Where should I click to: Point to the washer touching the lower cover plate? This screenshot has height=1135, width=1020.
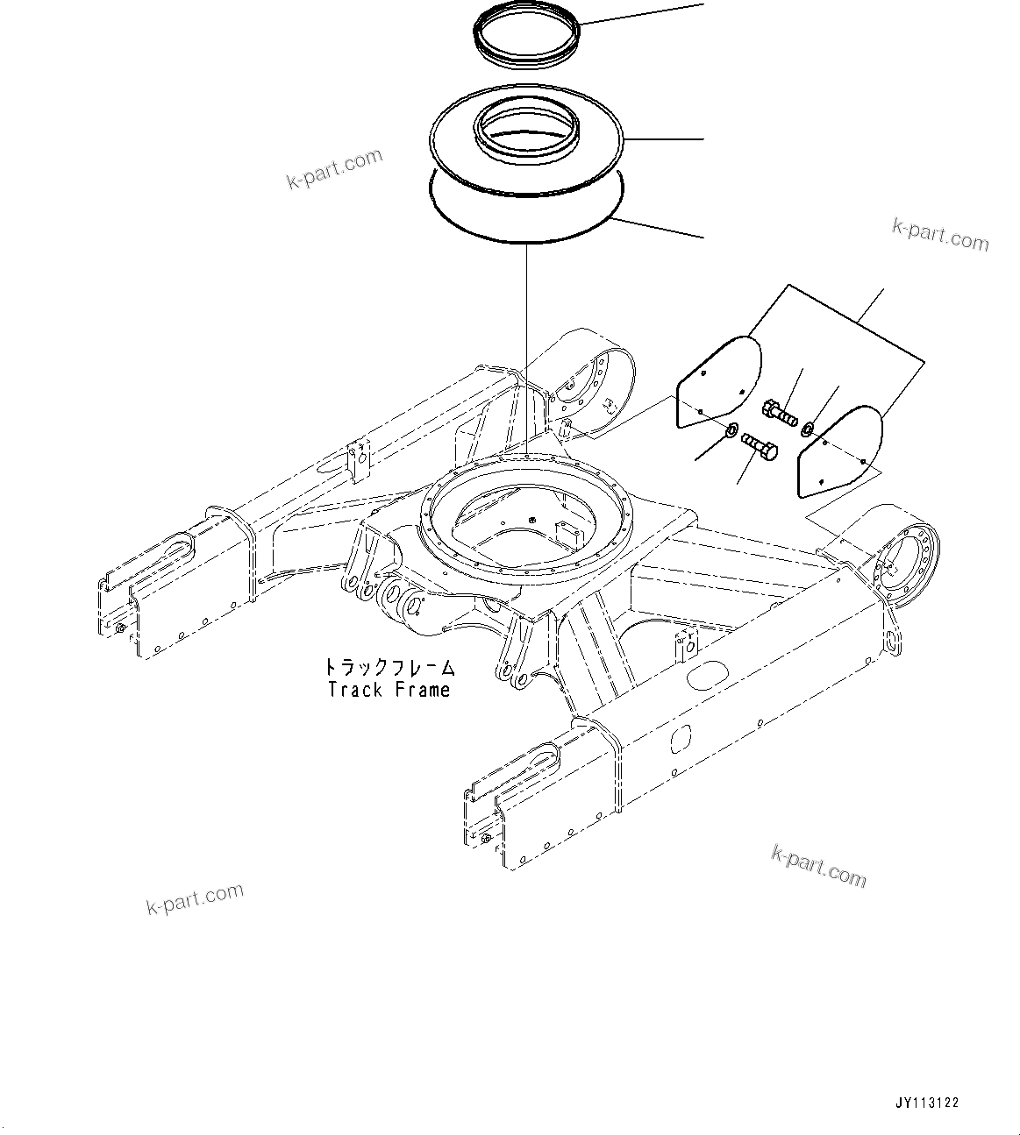808,428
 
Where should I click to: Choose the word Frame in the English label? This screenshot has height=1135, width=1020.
422,690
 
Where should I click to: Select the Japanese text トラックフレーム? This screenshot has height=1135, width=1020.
389,668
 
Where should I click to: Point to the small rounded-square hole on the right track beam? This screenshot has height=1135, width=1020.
681,741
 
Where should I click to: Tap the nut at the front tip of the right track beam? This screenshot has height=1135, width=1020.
484,840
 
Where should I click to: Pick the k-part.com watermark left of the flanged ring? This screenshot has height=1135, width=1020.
335,168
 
